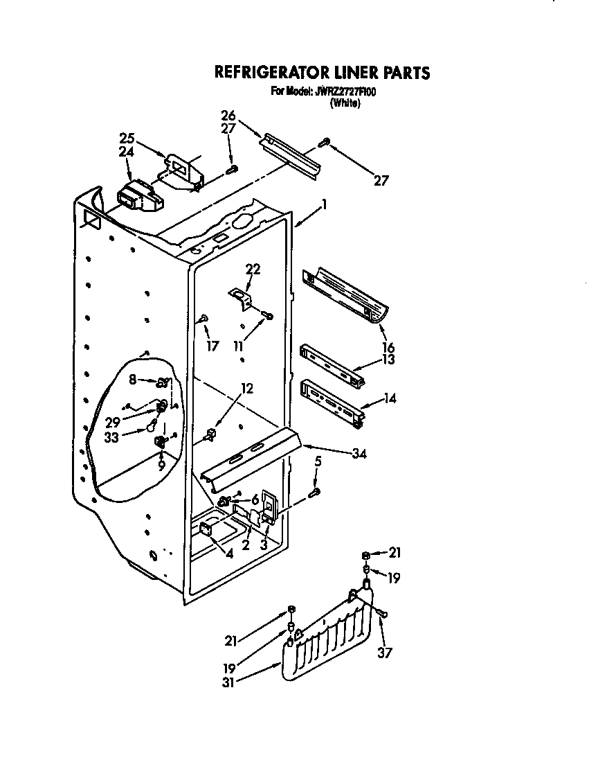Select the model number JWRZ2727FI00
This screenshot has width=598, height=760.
click(346, 91)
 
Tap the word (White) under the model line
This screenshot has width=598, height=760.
click(345, 103)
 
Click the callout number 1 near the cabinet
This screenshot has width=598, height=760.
click(323, 205)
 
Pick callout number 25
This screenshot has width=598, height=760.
click(127, 137)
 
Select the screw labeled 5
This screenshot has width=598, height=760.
click(315, 492)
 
